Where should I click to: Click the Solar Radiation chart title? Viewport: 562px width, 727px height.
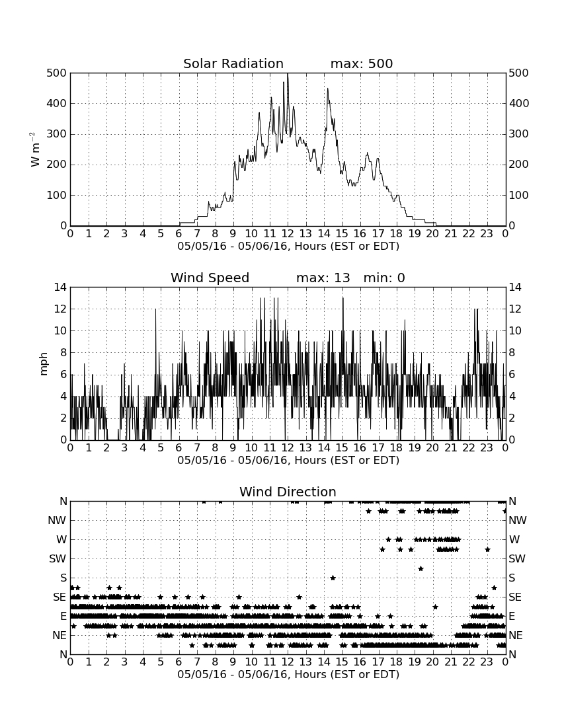(x=233, y=63)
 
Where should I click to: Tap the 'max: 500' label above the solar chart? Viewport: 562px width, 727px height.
(x=362, y=63)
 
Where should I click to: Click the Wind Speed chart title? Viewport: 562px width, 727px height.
(x=210, y=278)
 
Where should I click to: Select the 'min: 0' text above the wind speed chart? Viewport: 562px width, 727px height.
(x=384, y=278)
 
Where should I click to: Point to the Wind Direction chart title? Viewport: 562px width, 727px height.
(x=288, y=492)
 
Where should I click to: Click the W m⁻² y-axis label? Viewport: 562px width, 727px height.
(x=35, y=149)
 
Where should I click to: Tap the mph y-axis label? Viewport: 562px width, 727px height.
(x=44, y=364)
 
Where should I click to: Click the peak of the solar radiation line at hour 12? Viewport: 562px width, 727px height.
(x=288, y=74)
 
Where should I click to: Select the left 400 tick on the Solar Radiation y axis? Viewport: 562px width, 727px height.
(x=56, y=103)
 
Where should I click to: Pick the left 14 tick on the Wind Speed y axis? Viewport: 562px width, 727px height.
(x=60, y=287)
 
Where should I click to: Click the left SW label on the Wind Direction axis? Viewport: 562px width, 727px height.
(x=58, y=558)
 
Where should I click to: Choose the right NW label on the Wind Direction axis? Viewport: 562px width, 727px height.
(x=518, y=521)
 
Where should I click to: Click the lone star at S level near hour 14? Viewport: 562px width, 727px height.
(x=333, y=578)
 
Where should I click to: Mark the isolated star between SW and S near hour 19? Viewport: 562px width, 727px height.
(x=421, y=568)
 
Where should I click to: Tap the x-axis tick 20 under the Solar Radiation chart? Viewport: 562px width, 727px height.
(x=432, y=234)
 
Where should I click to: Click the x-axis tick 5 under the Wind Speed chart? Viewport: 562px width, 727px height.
(x=161, y=448)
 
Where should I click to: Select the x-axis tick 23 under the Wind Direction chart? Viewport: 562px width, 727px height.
(x=487, y=662)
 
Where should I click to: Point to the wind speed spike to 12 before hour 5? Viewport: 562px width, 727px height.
(x=155, y=309)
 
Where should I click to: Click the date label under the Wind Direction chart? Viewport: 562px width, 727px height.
(x=288, y=674)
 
